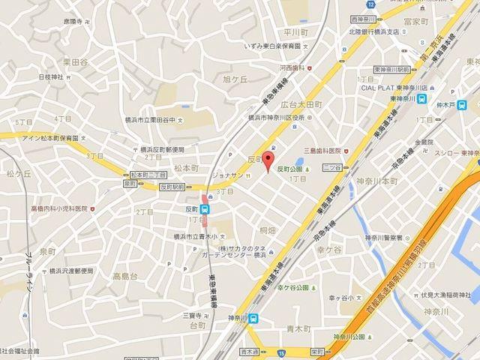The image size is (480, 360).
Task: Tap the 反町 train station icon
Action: click(x=205, y=210)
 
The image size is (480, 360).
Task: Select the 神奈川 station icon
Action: click(x=255, y=318)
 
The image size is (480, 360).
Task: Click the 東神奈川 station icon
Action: click(x=424, y=98)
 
